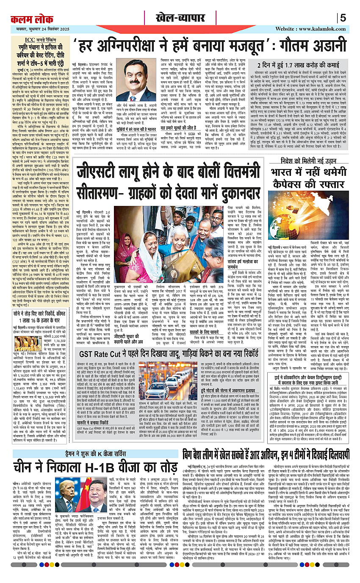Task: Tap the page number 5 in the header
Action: pyautogui.click(x=343, y=19)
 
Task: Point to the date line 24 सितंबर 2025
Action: pyautogui.click(x=40, y=29)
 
